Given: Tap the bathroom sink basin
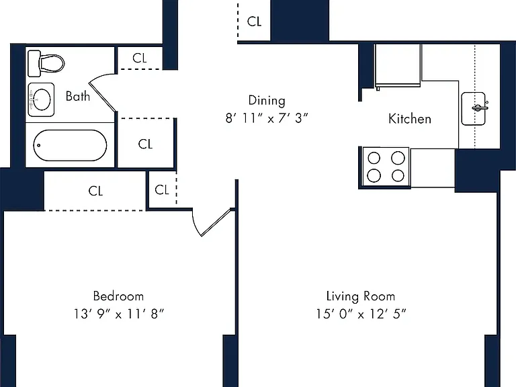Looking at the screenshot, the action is [41, 99].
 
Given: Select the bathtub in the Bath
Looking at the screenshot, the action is [70, 145].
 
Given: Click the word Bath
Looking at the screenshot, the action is [78, 96].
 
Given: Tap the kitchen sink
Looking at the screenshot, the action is [474, 109].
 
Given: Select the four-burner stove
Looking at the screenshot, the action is [386, 167].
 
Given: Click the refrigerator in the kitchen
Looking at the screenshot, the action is [398, 66].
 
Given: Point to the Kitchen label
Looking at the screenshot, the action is [410, 119].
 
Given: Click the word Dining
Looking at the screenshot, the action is [267, 100].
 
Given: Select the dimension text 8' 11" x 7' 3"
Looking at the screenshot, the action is [267, 118].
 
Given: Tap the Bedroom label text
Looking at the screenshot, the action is [118, 296].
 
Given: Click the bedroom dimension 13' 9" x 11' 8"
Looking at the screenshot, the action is [118, 314].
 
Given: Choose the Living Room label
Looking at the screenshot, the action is [361, 296].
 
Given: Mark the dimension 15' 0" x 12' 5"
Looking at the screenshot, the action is [361, 314].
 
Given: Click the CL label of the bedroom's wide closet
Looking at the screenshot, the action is [95, 191].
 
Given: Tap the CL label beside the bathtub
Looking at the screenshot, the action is [145, 144].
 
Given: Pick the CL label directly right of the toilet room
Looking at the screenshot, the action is [140, 58].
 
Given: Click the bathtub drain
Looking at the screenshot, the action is [39, 145].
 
